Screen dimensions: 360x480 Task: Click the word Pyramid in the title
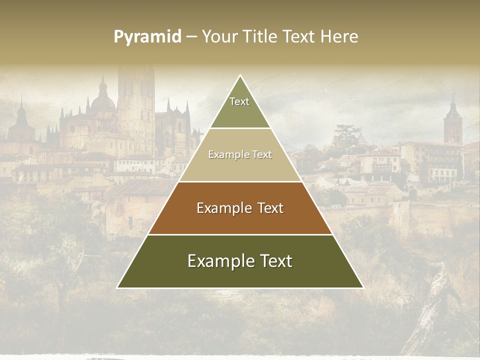click(147, 37)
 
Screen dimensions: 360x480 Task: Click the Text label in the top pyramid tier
click(239, 101)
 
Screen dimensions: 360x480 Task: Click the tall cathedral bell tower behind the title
click(136, 100)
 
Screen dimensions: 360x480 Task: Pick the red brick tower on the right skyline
click(453, 122)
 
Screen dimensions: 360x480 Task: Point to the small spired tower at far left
click(21, 120)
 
